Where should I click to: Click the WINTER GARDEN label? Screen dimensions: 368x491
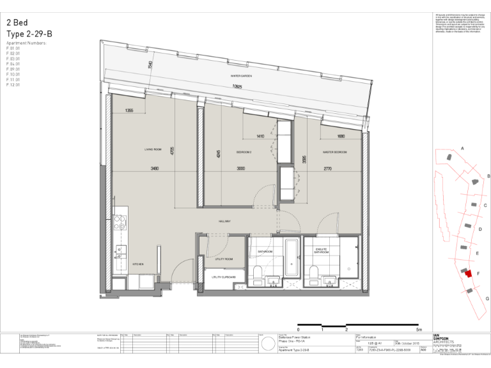[x=241, y=76]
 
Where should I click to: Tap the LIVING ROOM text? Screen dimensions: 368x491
[x=152, y=149]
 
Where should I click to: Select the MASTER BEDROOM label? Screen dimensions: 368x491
[x=334, y=152]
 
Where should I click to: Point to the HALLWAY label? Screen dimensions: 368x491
[x=224, y=222]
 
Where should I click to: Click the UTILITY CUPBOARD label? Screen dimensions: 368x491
[x=224, y=277]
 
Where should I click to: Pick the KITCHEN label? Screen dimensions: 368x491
[x=137, y=264]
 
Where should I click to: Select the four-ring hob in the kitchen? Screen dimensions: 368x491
[x=119, y=223]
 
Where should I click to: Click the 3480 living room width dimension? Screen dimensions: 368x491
[x=154, y=169]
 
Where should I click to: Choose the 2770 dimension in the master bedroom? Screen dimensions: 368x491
[x=328, y=169]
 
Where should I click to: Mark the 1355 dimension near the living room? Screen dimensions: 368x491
[x=129, y=111]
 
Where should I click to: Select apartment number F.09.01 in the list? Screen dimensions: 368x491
[x=13, y=69]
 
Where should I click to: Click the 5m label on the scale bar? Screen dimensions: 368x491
[x=419, y=330]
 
